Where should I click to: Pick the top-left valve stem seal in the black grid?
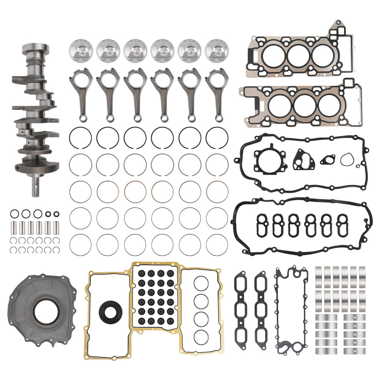(142, 273)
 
